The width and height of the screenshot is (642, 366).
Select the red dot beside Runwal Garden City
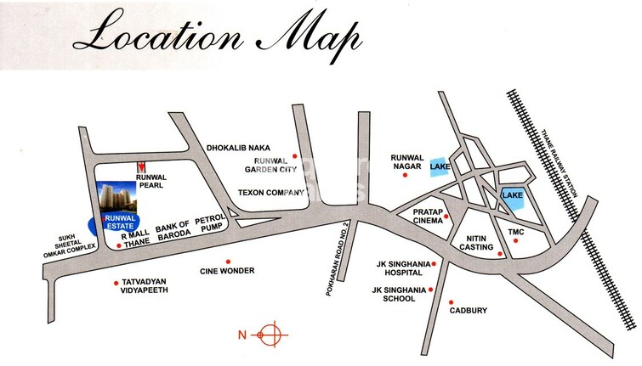[294, 155]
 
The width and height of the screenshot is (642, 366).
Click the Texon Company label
[270, 193]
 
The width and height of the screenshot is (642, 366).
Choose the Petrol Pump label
[209, 223]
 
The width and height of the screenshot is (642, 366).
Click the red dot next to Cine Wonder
[227, 262]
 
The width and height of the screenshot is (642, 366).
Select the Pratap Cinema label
[427, 215]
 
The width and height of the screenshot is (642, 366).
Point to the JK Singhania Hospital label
[400, 268]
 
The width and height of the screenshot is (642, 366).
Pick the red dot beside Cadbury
[451, 302]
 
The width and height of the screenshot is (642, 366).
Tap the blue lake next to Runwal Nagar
[439, 167]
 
